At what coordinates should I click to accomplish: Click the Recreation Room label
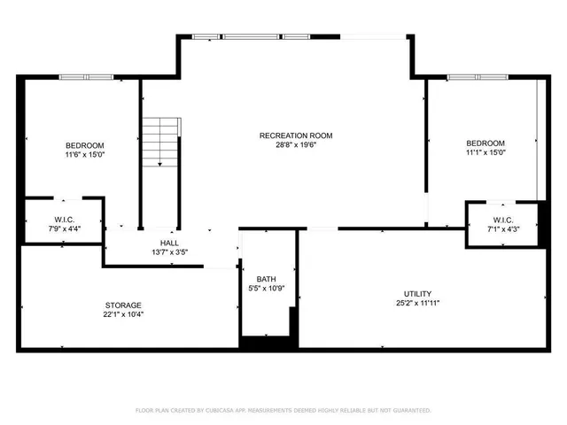(295, 135)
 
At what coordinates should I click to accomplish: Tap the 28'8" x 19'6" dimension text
(295, 145)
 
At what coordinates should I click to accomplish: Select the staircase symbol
(160, 140)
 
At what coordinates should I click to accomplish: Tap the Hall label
(169, 243)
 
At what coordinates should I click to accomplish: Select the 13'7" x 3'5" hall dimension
(169, 252)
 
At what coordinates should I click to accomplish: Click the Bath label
(266, 279)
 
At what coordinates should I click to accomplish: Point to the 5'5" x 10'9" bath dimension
(266, 289)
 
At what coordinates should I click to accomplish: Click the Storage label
(123, 305)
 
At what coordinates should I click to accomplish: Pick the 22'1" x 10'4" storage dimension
(123, 314)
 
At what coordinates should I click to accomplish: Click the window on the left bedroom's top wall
(86, 77)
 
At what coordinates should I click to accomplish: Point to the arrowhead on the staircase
(159, 164)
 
